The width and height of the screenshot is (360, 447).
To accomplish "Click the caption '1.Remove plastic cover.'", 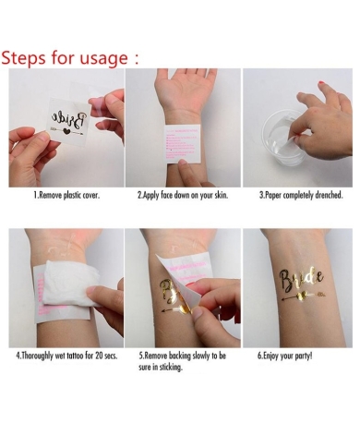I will point(66,196).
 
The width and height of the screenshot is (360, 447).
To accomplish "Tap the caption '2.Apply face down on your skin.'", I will point(182,196).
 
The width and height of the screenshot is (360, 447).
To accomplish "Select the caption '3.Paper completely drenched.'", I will point(300,196).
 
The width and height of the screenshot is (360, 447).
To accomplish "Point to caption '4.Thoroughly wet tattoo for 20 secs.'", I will point(66,355).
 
